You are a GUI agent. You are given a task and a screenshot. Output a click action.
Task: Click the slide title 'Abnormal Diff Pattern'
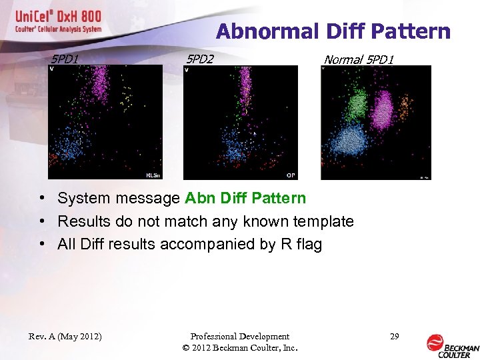coord(333,31)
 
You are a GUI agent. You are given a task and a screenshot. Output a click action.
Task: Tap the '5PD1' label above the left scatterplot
coord(65,59)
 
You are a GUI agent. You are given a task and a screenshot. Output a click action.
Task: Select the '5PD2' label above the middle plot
coord(200,59)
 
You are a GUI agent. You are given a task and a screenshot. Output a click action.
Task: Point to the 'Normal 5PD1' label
coord(359,60)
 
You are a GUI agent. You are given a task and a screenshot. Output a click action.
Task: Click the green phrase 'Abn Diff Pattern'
coord(245,198)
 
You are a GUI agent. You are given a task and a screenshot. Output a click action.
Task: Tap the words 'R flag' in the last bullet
coord(301,244)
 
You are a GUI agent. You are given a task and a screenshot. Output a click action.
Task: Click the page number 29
coord(394,336)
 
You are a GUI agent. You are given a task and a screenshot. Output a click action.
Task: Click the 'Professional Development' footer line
coord(239,337)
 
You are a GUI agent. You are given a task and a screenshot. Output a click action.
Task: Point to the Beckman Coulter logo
coord(452,344)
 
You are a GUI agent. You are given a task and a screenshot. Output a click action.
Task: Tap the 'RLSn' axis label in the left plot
coord(153,175)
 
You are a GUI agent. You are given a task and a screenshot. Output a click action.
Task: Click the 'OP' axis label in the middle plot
coord(291,175)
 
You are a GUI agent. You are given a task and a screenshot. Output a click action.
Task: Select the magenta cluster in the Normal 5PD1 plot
coord(383,110)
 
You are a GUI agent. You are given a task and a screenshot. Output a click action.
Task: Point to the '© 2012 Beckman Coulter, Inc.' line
coord(239,348)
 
